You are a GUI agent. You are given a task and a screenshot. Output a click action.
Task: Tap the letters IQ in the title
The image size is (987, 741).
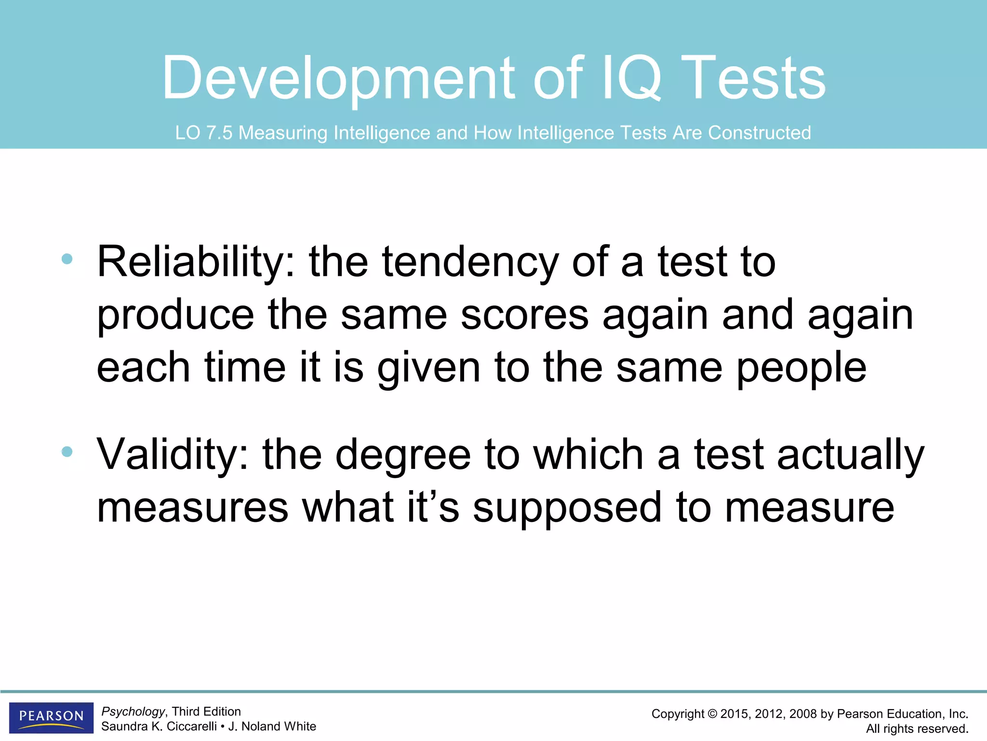coord(632,78)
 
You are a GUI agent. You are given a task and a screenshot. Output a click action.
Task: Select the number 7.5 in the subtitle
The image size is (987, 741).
coord(219,133)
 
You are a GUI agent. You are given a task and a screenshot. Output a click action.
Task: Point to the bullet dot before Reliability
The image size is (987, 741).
coord(67,259)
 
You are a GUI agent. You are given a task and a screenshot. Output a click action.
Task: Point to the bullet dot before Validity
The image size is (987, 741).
coord(67,452)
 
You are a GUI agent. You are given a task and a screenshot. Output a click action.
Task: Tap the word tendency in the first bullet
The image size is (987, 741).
coord(470,263)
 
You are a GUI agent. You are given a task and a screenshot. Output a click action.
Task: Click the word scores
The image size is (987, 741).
coord(524,315)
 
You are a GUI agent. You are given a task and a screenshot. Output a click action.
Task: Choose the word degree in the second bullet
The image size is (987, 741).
coord(403,455)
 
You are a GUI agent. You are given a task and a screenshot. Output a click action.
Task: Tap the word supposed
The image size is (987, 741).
coord(567,508)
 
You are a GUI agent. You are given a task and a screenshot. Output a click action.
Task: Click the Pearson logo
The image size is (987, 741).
coord(51,717)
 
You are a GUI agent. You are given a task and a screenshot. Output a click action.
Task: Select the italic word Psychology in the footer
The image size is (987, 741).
coord(133,712)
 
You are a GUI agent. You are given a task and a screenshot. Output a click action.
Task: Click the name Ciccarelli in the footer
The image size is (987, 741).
coord(191,727)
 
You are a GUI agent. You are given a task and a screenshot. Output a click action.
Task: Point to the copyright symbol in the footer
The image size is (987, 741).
coord(712,714)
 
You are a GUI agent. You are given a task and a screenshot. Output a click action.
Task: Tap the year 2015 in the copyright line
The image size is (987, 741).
coord(735,714)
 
